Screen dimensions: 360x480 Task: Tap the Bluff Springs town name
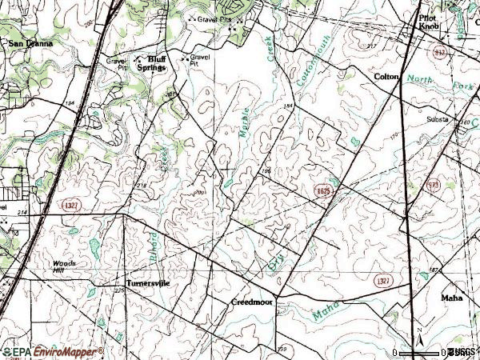point(152,65)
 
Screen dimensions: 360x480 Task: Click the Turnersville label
point(149,283)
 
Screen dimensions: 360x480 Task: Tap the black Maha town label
point(452,298)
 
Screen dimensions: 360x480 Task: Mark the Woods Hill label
point(63,266)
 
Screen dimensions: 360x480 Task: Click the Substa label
point(438,118)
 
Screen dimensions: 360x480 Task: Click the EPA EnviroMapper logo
point(52,352)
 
